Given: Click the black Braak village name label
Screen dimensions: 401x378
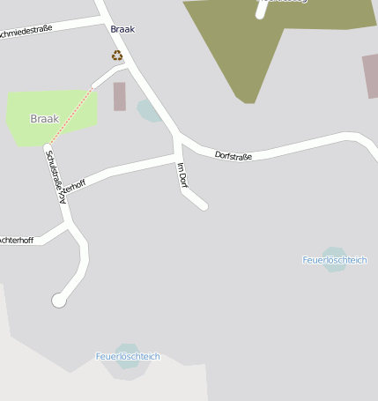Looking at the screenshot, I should (x=122, y=29).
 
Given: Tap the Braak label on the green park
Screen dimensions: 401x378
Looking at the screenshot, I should (x=44, y=118).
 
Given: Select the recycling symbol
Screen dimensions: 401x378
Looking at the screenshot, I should (x=117, y=56).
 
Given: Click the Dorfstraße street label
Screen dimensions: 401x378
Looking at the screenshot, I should (x=233, y=156).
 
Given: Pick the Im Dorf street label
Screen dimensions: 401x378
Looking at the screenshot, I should (x=182, y=175).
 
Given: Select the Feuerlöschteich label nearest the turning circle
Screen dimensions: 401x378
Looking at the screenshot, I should (x=128, y=356).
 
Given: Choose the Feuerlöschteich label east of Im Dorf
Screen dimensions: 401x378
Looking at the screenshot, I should (x=334, y=260).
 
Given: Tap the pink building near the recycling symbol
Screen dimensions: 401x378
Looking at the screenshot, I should (x=120, y=96).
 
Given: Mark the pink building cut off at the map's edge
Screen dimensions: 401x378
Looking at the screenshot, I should (x=370, y=76).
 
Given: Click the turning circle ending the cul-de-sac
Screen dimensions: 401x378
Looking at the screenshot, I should (x=59, y=301).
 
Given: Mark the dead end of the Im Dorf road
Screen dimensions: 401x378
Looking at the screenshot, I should (x=204, y=206).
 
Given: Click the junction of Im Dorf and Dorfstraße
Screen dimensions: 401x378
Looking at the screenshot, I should (x=179, y=141).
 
